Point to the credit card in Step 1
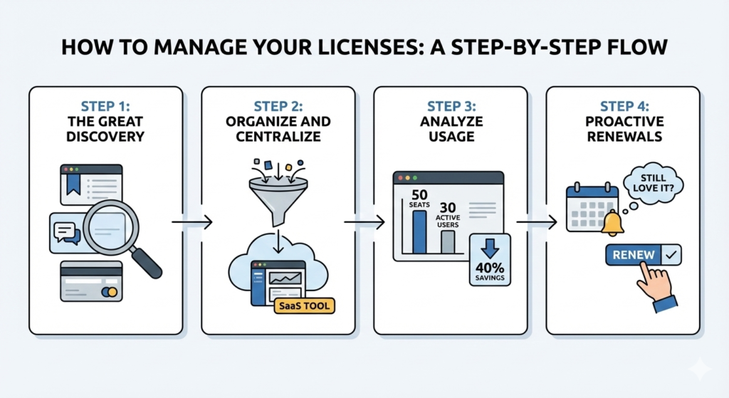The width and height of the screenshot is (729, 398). pyautogui.click(x=90, y=281)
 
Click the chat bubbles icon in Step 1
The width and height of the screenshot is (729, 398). pyautogui.click(x=65, y=233)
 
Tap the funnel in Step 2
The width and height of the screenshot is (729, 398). pyautogui.click(x=278, y=196)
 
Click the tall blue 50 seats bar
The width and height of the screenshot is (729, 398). pyautogui.click(x=419, y=231)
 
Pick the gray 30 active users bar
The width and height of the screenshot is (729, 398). pyautogui.click(x=448, y=241)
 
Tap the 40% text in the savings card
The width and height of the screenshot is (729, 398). pyautogui.click(x=490, y=268)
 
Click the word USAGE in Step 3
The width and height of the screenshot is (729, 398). pyautogui.click(x=450, y=136)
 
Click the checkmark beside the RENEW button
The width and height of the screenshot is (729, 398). pyautogui.click(x=670, y=254)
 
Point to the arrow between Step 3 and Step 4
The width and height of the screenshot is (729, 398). pyautogui.click(x=536, y=223)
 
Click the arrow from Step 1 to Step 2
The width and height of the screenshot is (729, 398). pyautogui.click(x=192, y=223)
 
